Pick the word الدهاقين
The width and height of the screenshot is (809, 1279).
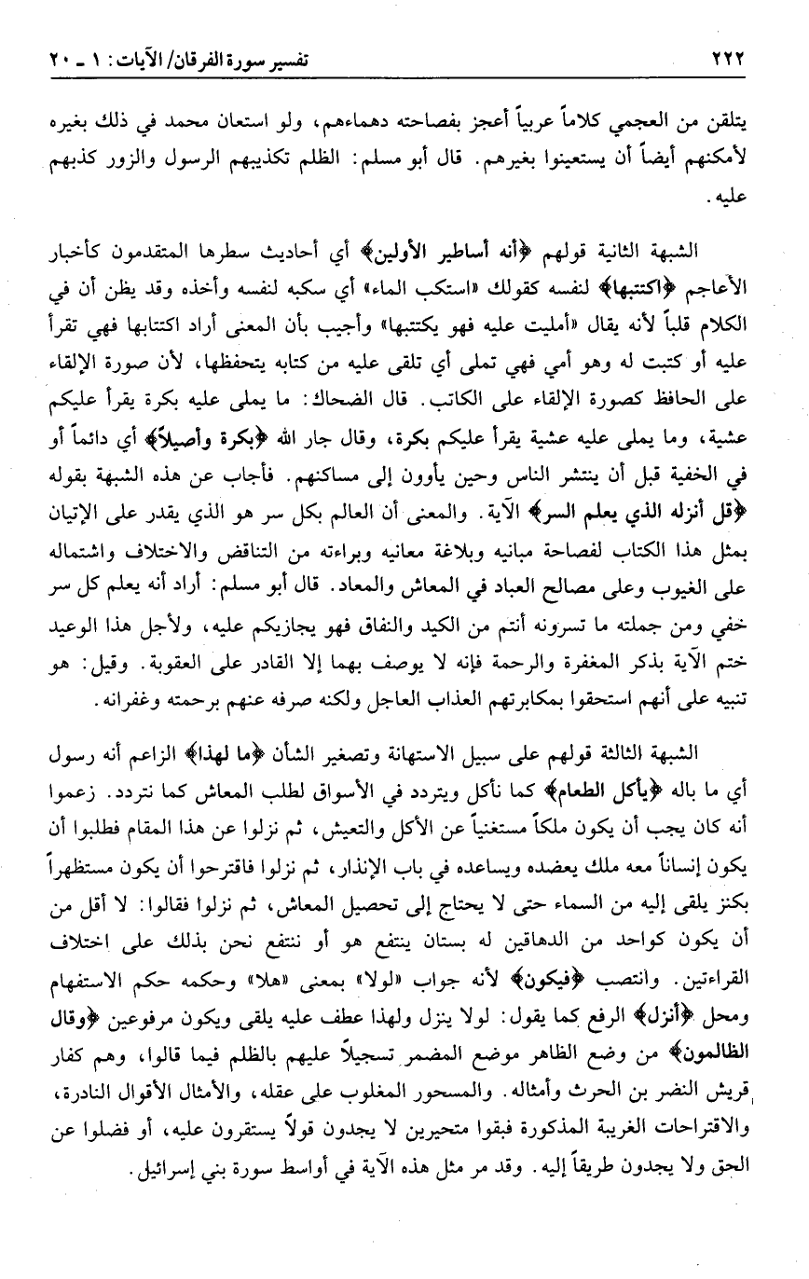(535, 903)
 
